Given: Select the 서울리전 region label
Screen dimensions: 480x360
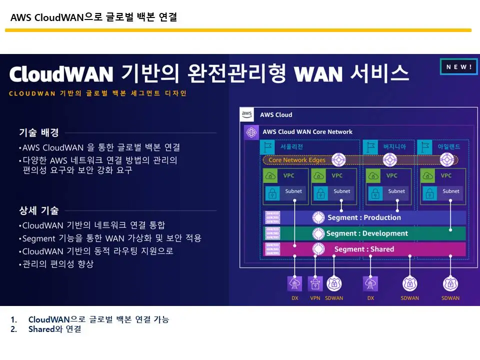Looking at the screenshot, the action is pos(292,147).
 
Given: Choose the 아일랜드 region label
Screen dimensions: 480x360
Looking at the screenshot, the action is pos(448,147).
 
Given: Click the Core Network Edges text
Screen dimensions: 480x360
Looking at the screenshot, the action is pos(297,160).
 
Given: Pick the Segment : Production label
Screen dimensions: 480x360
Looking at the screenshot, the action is pos(364,217).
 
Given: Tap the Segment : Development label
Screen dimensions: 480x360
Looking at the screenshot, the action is pos(367,233).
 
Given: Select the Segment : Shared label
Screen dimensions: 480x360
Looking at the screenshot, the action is pos(364,249).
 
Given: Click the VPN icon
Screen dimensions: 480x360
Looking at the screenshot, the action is pos(315,284).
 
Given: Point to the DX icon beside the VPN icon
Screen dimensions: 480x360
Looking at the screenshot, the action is pos(295,284).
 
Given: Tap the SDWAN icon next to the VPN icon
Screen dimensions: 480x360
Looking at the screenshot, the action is pos(334,284).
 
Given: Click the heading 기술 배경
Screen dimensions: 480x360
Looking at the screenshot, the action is pos(39,132).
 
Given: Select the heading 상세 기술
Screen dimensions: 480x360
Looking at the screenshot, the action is pos(39,210).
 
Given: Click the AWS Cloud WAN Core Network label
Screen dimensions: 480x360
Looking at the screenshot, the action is pos(307,132).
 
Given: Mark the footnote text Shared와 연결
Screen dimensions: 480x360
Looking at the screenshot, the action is pos(54,329).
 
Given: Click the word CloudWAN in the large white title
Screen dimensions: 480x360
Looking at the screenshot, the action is pos(61,74).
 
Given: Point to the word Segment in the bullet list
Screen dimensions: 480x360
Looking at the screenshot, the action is pos(39,238).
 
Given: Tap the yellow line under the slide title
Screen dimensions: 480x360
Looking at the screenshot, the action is pos(238,30).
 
